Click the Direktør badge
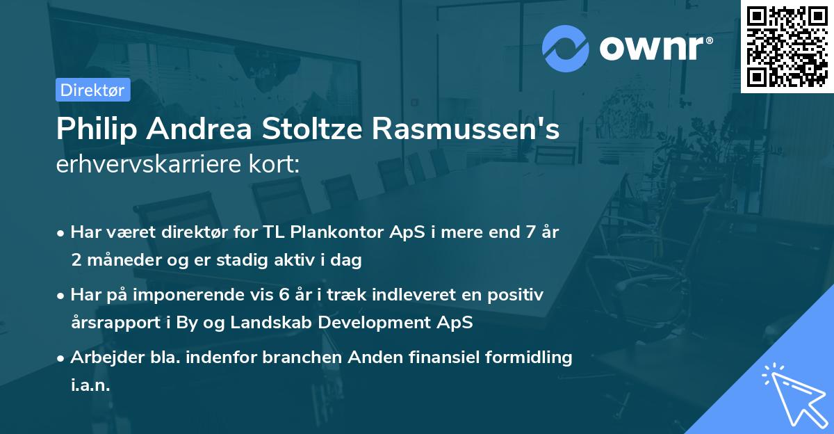point(92,90)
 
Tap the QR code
point(787,47)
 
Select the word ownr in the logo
point(654,48)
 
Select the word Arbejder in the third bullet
point(101,357)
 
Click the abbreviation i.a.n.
point(90,385)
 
